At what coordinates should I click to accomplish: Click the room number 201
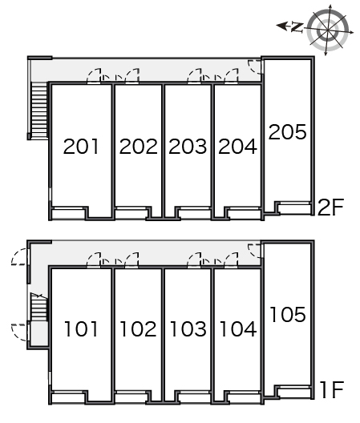pos(81,147)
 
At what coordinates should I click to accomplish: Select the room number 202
pos(138,147)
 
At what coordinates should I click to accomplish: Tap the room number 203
pos(188,147)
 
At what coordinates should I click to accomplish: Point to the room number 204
pos(237,147)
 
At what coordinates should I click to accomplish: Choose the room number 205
pos(288,131)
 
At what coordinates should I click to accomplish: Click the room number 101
pos(81,329)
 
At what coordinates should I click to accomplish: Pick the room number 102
pos(138,329)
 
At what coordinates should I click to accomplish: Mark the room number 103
pos(188,329)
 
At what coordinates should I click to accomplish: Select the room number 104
pos(238,329)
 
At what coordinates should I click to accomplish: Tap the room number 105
pos(288,315)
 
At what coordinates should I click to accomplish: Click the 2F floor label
pos(331,207)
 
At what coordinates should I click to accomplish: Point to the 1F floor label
pos(332,390)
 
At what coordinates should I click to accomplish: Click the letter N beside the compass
pos(297,27)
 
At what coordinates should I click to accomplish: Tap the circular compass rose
pos(328,30)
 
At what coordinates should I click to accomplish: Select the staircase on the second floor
pos(39,110)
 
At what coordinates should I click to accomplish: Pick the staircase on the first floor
pos(39,307)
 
